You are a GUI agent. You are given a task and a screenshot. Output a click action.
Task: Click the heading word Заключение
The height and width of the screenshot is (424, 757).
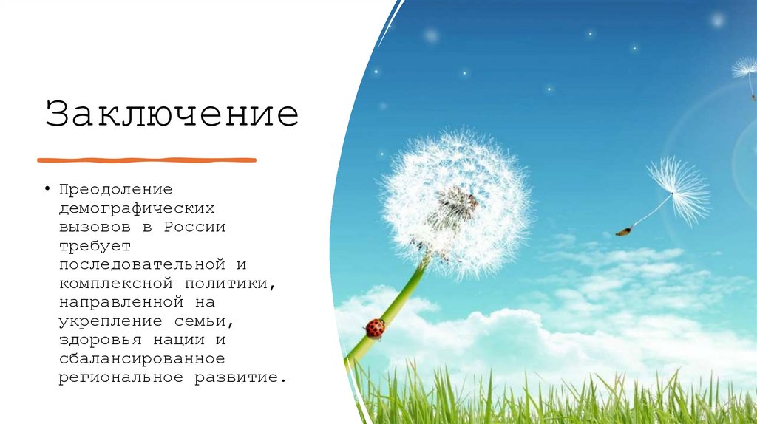pyautogui.click(x=172, y=115)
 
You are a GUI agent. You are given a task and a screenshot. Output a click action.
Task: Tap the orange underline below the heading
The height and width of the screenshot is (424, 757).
pyautogui.click(x=146, y=160)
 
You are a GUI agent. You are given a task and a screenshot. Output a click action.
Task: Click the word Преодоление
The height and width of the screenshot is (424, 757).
pyautogui.click(x=116, y=188)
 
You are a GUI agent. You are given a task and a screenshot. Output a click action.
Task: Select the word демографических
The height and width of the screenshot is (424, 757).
pyautogui.click(x=138, y=208)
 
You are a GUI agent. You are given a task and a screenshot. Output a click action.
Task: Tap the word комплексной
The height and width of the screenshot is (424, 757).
pyautogui.click(x=111, y=283)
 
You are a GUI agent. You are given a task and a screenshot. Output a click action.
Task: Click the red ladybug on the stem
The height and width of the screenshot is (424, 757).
pyautogui.click(x=375, y=328)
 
